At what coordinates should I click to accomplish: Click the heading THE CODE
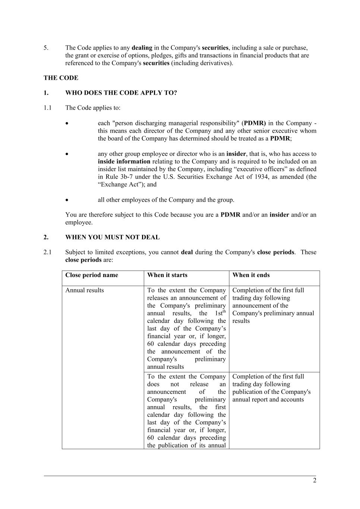click(x=61, y=78)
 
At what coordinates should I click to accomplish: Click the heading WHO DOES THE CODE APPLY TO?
click(x=121, y=93)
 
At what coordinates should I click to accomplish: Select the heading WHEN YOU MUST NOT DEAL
click(x=112, y=237)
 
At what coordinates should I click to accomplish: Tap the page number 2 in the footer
click(x=315, y=480)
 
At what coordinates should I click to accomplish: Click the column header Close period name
click(x=92, y=275)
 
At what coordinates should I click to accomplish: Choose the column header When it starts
click(x=167, y=275)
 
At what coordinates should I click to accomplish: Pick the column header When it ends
click(x=251, y=275)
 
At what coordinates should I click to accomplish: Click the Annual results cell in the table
click(x=85, y=290)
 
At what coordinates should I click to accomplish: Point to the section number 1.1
click(x=47, y=108)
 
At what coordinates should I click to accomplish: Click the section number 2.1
click(x=47, y=252)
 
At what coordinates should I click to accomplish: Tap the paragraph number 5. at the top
click(x=46, y=48)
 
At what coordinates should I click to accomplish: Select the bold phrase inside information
click(x=124, y=161)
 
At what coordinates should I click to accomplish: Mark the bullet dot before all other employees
click(x=67, y=200)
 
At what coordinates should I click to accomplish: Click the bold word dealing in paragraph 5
click(x=142, y=48)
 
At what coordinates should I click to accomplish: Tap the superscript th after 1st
click(x=224, y=311)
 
